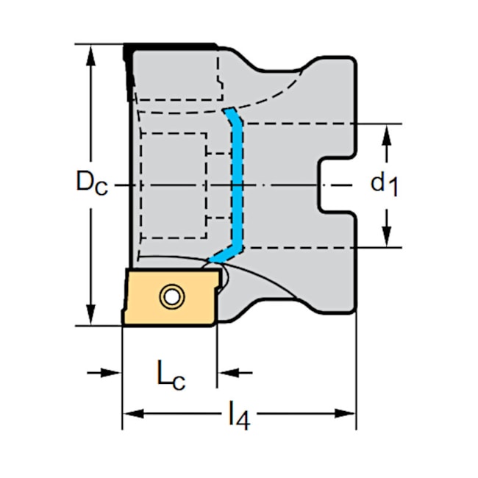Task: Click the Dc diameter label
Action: coord(92,182)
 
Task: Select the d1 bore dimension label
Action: coord(385,183)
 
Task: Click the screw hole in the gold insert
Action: coord(171,297)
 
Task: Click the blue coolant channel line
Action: coord(238,184)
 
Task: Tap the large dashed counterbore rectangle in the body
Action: coord(172,185)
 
